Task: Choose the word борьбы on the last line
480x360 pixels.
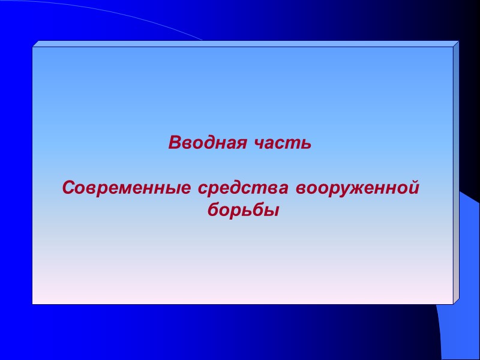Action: pos(239,211)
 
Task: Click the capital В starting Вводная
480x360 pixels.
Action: pos(174,143)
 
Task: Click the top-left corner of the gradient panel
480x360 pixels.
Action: pos(33,47)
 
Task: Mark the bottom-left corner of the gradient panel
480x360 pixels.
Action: pos(33,304)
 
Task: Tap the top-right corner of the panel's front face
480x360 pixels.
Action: pos(452,47)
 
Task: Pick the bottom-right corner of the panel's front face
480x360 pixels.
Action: pos(452,304)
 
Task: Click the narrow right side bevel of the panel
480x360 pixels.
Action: pos(456,174)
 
